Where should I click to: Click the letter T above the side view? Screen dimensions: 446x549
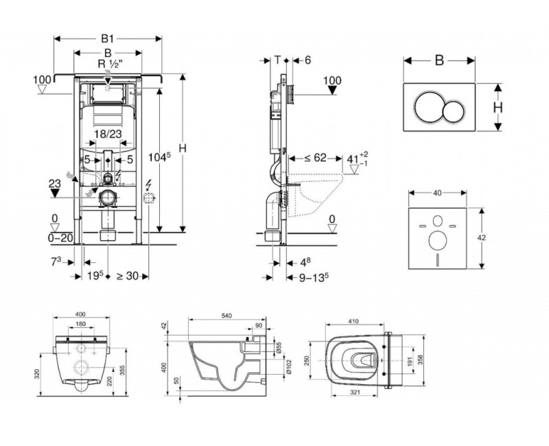277,60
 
